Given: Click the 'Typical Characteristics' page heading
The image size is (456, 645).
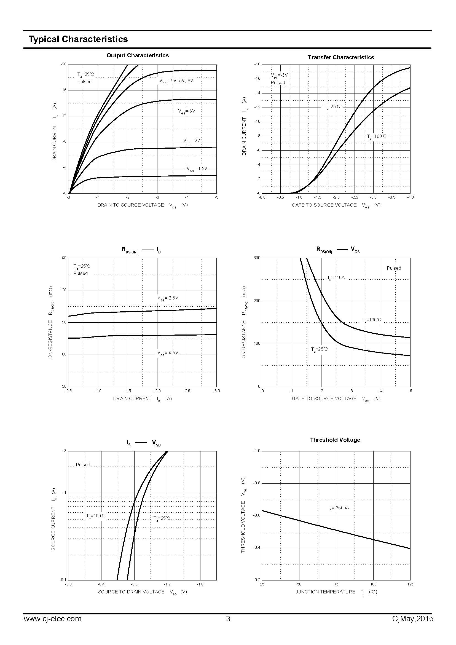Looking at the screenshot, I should click(x=78, y=39).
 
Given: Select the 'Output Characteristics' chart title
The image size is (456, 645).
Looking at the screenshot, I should click(x=138, y=55).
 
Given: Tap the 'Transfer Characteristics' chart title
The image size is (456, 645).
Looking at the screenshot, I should click(x=341, y=57).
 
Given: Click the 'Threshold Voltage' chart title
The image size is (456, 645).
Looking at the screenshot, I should click(x=335, y=440).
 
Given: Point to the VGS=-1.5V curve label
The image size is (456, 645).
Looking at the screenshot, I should click(x=197, y=169).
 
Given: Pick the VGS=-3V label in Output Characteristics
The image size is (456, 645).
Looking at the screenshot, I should click(x=186, y=111).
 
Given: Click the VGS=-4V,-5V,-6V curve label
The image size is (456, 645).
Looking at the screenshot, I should click(x=176, y=81).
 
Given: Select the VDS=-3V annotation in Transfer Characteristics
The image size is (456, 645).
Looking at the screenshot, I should click(x=279, y=75).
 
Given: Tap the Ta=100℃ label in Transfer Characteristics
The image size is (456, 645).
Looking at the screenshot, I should click(x=377, y=137).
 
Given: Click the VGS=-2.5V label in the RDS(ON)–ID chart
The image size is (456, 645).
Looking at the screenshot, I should click(x=168, y=298).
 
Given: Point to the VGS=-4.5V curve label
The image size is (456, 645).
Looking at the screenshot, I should click(x=168, y=353).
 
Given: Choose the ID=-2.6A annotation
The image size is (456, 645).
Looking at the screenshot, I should click(x=336, y=278).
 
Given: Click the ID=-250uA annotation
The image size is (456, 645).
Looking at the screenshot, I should click(x=339, y=508).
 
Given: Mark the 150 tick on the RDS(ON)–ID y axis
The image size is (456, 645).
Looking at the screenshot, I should click(x=63, y=258).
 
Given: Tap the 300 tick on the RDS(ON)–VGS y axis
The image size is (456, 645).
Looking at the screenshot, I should click(x=257, y=258).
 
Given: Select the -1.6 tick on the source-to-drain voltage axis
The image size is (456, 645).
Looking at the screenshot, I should click(x=200, y=584).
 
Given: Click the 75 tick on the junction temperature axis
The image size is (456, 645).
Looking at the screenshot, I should click(x=336, y=584).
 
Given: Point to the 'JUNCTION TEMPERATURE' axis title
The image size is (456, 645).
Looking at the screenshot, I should click(x=325, y=592).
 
